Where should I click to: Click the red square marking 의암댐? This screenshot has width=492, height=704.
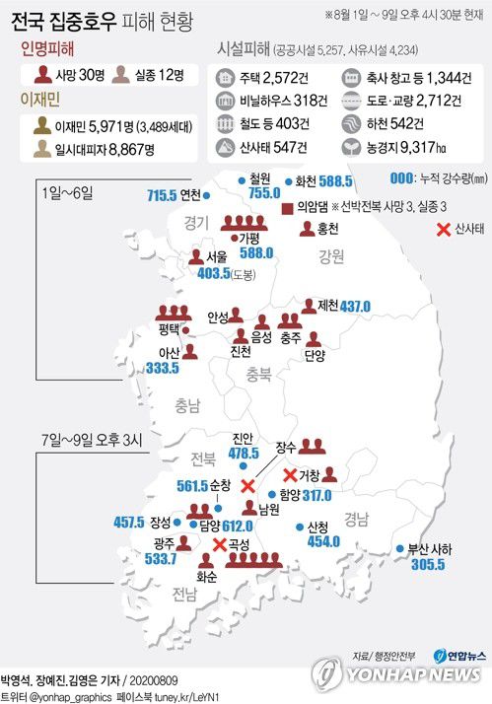click(x=285, y=209)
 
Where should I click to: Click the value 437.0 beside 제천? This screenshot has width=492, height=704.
click(x=355, y=307)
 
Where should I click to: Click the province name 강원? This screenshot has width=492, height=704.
click(x=331, y=257)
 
